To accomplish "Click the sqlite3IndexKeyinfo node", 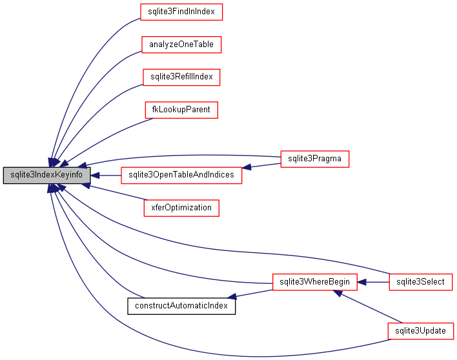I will [46, 175].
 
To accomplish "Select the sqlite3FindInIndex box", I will [181, 12].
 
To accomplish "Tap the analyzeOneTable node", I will [181, 45].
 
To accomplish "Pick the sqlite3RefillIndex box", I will [181, 77].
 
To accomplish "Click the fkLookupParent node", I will [181, 110].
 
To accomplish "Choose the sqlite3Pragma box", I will [314, 159].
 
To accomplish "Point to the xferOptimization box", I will [181, 208].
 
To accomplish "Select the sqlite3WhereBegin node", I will [314, 282].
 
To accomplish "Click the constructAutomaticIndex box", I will [181, 305].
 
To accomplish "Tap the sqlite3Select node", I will [420, 282].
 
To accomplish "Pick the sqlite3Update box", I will [420, 331].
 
